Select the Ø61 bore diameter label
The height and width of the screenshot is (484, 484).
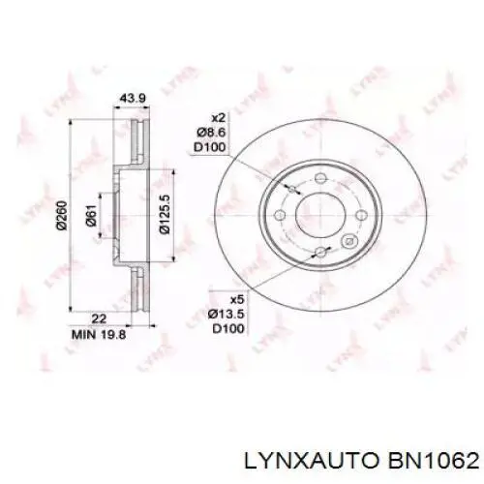click(90, 222)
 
